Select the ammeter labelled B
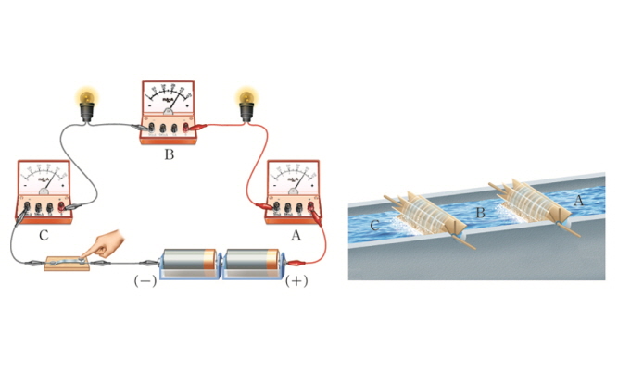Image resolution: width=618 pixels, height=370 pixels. tap(168, 111)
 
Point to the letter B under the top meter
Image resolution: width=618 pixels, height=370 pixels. tap(169, 154)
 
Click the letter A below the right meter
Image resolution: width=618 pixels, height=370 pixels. tap(296, 235)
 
